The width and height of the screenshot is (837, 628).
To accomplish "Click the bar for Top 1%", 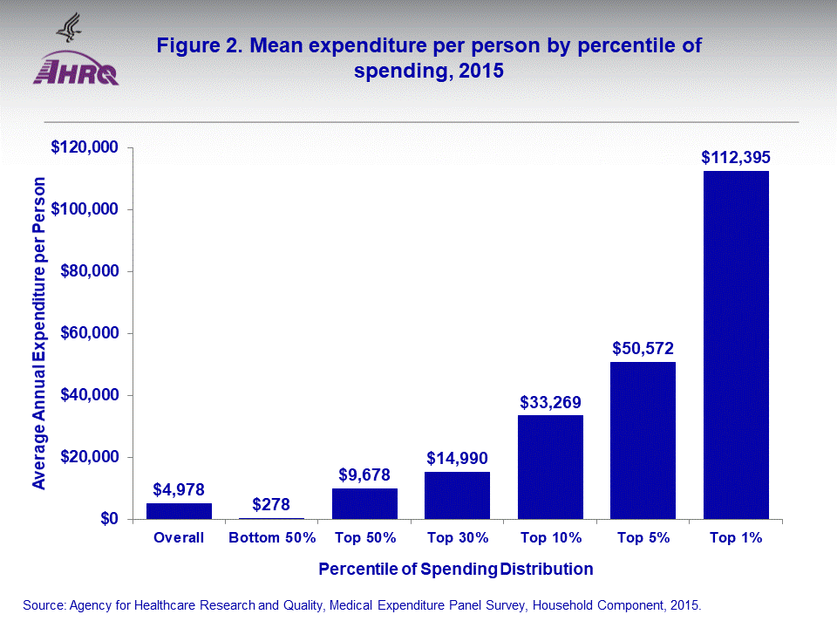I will coord(736,345).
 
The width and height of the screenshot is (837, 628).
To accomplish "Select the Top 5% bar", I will coord(643,440).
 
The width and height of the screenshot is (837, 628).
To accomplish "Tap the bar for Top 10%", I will coord(550,467).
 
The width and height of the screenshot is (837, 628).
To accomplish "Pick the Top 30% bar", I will coord(457,495).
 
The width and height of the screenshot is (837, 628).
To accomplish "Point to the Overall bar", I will coord(179,511).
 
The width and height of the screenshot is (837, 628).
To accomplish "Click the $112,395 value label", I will coord(736,158).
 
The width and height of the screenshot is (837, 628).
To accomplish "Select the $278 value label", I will coord(271,504).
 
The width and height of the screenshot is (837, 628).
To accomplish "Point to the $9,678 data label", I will coord(364,475).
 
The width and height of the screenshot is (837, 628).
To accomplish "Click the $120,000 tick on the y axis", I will coord(85,147).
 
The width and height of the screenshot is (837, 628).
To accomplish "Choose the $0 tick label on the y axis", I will coord(108,520).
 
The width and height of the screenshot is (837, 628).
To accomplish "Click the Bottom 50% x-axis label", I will coord(271,538).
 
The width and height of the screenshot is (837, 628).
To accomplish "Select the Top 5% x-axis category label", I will coord(643,538).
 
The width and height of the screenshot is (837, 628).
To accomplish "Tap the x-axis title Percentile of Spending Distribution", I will coord(455,570).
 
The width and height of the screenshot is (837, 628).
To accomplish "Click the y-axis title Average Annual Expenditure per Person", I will coord(39,333).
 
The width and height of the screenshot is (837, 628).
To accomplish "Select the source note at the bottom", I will coord(362,604).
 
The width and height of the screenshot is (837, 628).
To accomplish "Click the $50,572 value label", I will coord(643,349).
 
